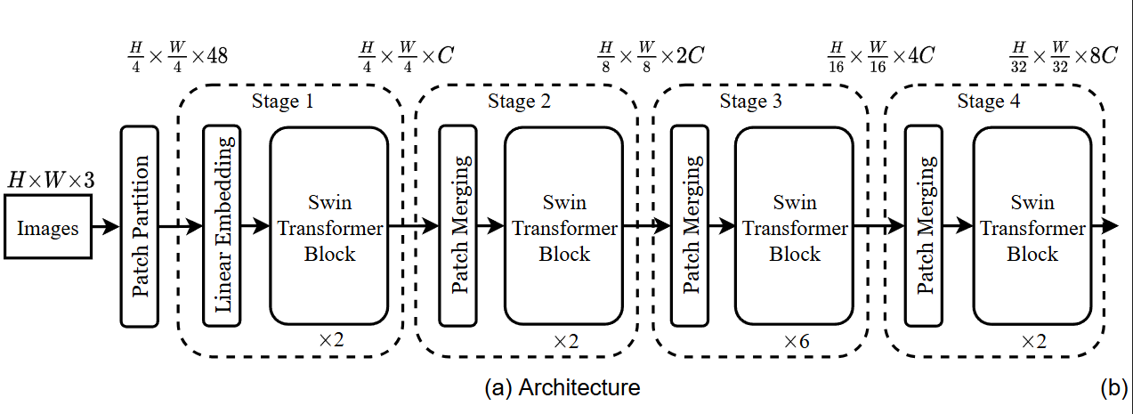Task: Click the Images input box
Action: [48, 228]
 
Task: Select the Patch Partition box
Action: [140, 226]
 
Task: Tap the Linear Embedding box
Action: [222, 226]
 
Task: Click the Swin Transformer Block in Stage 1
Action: [329, 226]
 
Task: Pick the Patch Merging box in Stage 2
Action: [458, 226]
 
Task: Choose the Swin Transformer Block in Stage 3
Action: [794, 226]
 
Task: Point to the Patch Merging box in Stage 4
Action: [924, 226]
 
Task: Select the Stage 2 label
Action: [519, 101]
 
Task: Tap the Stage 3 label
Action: [750, 101]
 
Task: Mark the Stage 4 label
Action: [988, 101]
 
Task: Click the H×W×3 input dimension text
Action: [51, 181]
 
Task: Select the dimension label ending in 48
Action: [177, 56]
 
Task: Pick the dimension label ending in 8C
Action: [1064, 56]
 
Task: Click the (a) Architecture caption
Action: [562, 388]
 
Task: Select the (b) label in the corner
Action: [1114, 388]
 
